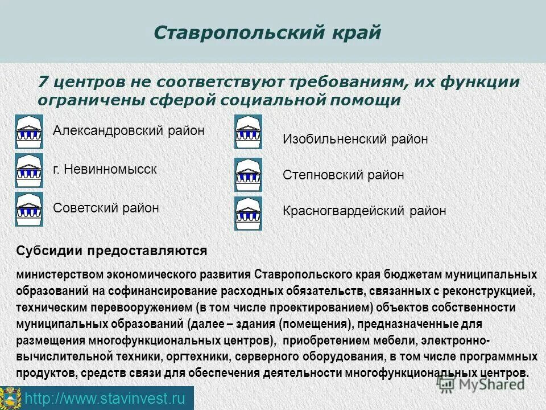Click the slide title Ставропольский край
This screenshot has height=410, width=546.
pyautogui.click(x=267, y=32)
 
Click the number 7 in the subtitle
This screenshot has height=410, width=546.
pyautogui.click(x=43, y=82)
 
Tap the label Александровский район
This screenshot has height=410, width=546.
pyautogui.click(x=129, y=130)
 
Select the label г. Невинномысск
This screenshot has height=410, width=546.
pyautogui.click(x=105, y=169)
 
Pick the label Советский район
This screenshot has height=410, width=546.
pyautogui.click(x=106, y=208)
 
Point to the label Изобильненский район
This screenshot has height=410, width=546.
pyautogui.click(x=355, y=139)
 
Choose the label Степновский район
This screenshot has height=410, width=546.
pyautogui.click(x=343, y=175)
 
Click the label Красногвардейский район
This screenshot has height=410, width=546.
pyautogui.click(x=364, y=211)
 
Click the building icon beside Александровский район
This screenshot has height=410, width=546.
pyautogui.click(x=29, y=132)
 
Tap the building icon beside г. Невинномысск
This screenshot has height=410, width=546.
pyautogui.click(x=29, y=170)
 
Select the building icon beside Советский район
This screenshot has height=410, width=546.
pyautogui.click(x=29, y=209)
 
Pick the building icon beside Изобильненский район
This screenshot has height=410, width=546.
pyautogui.click(x=249, y=132)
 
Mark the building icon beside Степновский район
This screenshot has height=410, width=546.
pyautogui.click(x=249, y=174)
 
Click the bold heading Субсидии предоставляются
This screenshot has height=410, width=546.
pyautogui.click(x=111, y=251)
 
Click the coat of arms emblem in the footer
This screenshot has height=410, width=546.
pyautogui.click(x=11, y=397)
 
